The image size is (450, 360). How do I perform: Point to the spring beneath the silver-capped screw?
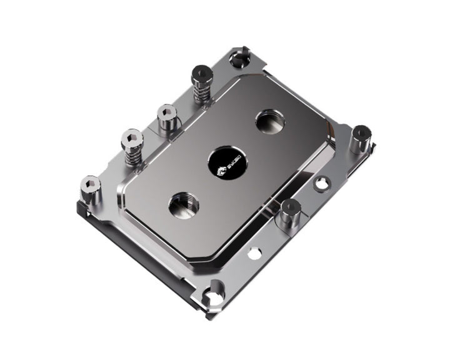[132, 156]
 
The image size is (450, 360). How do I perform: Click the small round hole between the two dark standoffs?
[321, 184]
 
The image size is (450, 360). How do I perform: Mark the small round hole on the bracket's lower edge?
[255, 253]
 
